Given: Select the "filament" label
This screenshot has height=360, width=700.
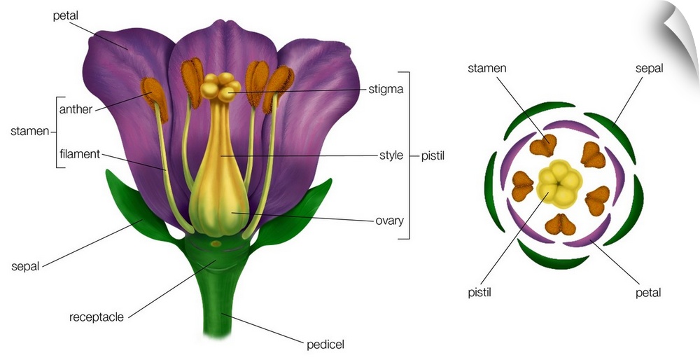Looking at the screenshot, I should (80, 154).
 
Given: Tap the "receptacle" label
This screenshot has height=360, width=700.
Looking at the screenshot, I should (97, 317).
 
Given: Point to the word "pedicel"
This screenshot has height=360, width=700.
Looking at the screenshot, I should (325, 344).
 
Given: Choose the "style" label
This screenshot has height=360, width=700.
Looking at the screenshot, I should (391, 155).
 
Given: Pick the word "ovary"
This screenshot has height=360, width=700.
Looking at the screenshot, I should (390, 221).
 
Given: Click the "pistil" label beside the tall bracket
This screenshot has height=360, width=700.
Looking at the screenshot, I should (433, 155).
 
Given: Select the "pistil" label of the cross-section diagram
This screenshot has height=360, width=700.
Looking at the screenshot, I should (479, 291).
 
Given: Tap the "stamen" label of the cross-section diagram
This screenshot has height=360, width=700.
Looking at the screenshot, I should (487, 68).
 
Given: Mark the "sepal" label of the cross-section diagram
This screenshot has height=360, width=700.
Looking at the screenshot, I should (649, 68).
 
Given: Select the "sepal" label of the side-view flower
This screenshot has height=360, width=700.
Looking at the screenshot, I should (26, 267).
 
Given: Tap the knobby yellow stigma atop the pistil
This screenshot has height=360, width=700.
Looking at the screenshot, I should (218, 87).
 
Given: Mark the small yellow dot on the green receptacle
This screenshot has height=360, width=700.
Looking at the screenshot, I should (216, 244).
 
